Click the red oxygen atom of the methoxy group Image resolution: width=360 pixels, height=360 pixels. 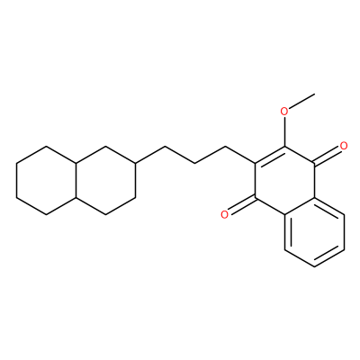coord(284,112)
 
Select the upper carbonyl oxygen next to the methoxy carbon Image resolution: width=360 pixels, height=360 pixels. coord(344,146)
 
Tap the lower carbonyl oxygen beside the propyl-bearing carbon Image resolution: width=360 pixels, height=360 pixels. coord(224,214)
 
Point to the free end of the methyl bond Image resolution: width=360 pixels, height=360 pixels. coord(314,94)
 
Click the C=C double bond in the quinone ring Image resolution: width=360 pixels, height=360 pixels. coord(270,155)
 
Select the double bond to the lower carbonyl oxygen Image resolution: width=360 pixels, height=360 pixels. coord(242,205)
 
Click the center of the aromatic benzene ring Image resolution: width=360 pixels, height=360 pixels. coord(314,231)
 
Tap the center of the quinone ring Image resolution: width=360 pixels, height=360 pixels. coord(284,180)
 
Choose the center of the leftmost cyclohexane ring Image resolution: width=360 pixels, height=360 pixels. coord(46,180)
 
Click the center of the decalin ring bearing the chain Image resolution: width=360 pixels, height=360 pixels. coord(106,180)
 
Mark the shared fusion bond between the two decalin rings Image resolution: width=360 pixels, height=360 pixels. coord(76,180)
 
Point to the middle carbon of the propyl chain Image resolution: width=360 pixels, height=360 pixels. coord(195,163)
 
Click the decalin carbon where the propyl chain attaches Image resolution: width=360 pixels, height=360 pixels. coord(136,163)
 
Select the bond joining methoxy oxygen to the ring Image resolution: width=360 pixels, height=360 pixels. coord(284,132)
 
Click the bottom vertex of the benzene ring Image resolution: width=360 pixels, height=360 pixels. coord(314,266)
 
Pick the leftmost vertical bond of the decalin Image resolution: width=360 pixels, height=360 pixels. coord(16,180)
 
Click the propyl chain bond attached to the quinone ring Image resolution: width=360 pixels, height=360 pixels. coord(239,155)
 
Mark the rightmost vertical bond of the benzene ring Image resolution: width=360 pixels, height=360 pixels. coord(344,231)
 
